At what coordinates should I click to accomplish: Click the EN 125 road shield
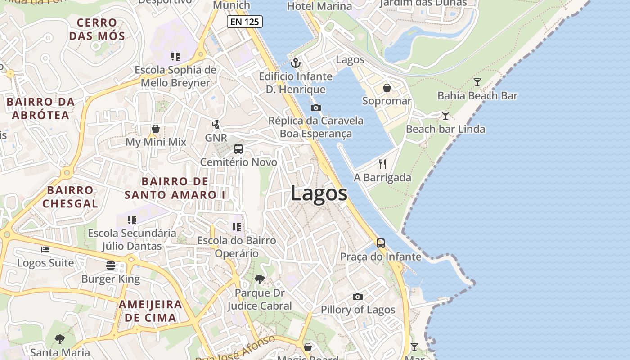coord(244,21)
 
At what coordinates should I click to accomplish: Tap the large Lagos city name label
coord(319,193)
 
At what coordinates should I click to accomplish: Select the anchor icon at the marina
coord(295,63)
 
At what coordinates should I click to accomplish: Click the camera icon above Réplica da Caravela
coord(316,108)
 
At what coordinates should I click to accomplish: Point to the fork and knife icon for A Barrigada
coord(382,164)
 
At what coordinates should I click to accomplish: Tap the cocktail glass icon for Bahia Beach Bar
coord(477,82)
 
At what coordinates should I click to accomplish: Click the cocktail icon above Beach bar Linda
coord(445,116)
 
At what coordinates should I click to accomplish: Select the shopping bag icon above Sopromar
coord(387,88)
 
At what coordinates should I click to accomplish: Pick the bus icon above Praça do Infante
coord(381,243)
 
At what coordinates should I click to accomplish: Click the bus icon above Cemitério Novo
coord(238,149)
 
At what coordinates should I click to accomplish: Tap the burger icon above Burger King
coord(111,265)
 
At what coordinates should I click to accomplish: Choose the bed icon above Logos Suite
coord(45,249)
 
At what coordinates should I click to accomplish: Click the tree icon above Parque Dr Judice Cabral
coord(259,279)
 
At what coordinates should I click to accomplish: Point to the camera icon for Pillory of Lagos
coord(358,297)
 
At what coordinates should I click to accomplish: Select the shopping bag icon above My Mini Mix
coord(156,129)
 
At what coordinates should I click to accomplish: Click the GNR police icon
coord(216,125)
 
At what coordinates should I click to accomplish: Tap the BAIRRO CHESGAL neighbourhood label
coord(70,197)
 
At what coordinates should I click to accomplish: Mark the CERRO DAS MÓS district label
coord(97,29)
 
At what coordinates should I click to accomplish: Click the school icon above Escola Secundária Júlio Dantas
coord(131,220)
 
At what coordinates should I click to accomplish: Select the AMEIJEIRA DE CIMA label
coord(150,311)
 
